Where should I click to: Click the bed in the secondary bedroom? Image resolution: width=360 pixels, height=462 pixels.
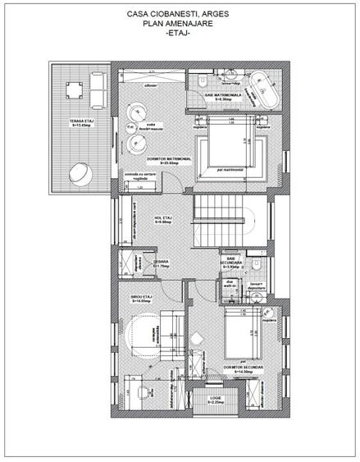click(239, 334)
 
